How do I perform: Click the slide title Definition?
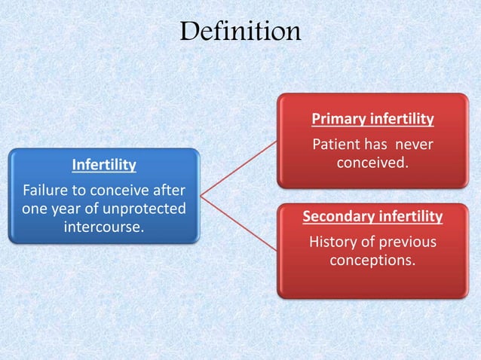(x=241, y=32)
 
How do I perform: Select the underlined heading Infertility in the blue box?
(x=104, y=164)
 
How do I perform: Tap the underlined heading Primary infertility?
(x=372, y=119)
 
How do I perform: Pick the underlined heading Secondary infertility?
(x=372, y=217)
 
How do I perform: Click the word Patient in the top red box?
(x=334, y=145)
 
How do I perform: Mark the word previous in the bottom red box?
(x=407, y=243)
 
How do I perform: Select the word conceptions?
(x=372, y=261)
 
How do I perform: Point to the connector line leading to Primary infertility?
(x=240, y=167)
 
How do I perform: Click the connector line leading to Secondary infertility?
(x=240, y=225)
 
